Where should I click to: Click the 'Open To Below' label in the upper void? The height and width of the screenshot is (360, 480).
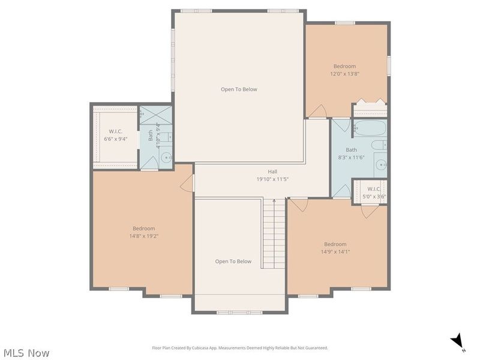(x=239, y=89)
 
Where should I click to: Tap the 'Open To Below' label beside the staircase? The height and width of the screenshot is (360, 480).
(x=233, y=261)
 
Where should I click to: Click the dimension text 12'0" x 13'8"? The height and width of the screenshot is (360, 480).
(x=344, y=74)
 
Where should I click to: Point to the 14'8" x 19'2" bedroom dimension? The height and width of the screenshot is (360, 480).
(x=143, y=236)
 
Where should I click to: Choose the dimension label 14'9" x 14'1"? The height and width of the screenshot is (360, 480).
(x=335, y=251)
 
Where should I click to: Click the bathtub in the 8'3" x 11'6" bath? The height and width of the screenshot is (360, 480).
(x=370, y=128)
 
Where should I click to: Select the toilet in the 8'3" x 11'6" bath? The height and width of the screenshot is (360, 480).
(x=379, y=145)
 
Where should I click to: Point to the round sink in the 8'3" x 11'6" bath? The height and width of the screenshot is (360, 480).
(x=380, y=164)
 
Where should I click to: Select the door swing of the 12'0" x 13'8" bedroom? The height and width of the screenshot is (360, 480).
(x=318, y=111)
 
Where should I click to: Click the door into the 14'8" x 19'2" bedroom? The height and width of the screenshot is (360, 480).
(x=188, y=183)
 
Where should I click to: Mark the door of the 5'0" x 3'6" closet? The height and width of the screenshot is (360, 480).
(x=370, y=210)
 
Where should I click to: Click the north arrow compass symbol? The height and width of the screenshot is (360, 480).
(x=458, y=341)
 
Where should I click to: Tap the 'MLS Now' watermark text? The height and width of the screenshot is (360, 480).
(x=26, y=353)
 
